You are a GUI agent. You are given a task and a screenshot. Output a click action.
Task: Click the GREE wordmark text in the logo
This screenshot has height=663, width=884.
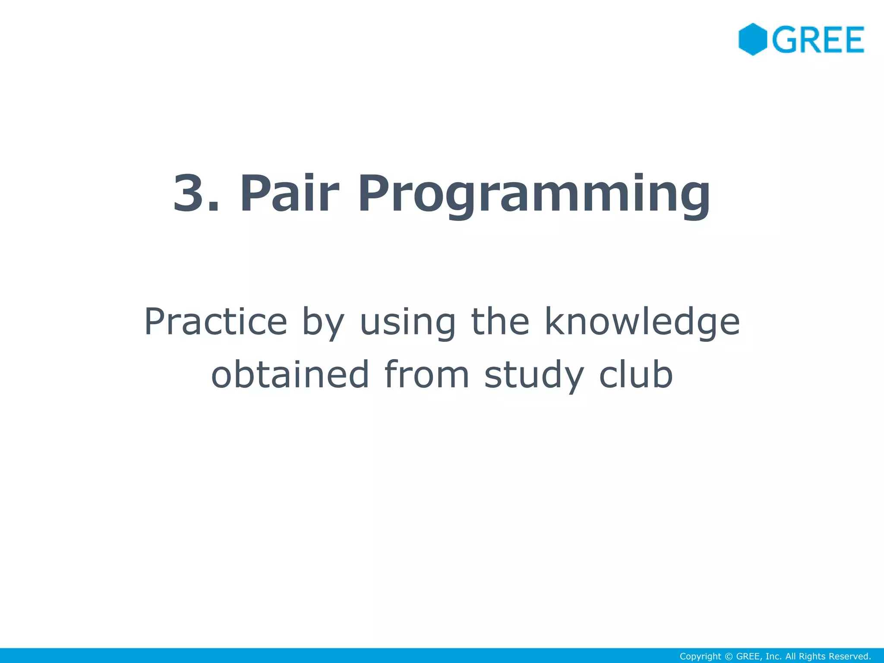[x=818, y=40]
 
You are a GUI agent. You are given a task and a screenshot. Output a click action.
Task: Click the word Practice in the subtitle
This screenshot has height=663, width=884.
[x=215, y=322]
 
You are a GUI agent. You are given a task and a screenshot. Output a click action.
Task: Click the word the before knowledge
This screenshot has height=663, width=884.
[x=500, y=322]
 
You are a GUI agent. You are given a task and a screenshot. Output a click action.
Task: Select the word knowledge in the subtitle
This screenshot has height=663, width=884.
[x=642, y=323]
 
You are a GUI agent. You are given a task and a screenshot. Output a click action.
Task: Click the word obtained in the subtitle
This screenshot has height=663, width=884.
[x=290, y=374]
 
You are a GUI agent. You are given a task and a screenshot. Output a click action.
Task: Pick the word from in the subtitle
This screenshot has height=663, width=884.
[x=426, y=374]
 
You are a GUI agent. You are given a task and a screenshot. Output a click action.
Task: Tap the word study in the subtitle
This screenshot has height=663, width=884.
[x=534, y=376]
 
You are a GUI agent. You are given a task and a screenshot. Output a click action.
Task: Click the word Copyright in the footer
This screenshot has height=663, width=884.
[x=700, y=657]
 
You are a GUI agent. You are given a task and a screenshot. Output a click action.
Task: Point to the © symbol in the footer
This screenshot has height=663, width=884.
[x=729, y=657]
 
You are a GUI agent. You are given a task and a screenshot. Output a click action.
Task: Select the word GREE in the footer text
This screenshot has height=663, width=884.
[x=748, y=657]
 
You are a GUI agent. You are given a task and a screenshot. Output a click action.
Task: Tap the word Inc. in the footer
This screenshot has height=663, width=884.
[x=773, y=657]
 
